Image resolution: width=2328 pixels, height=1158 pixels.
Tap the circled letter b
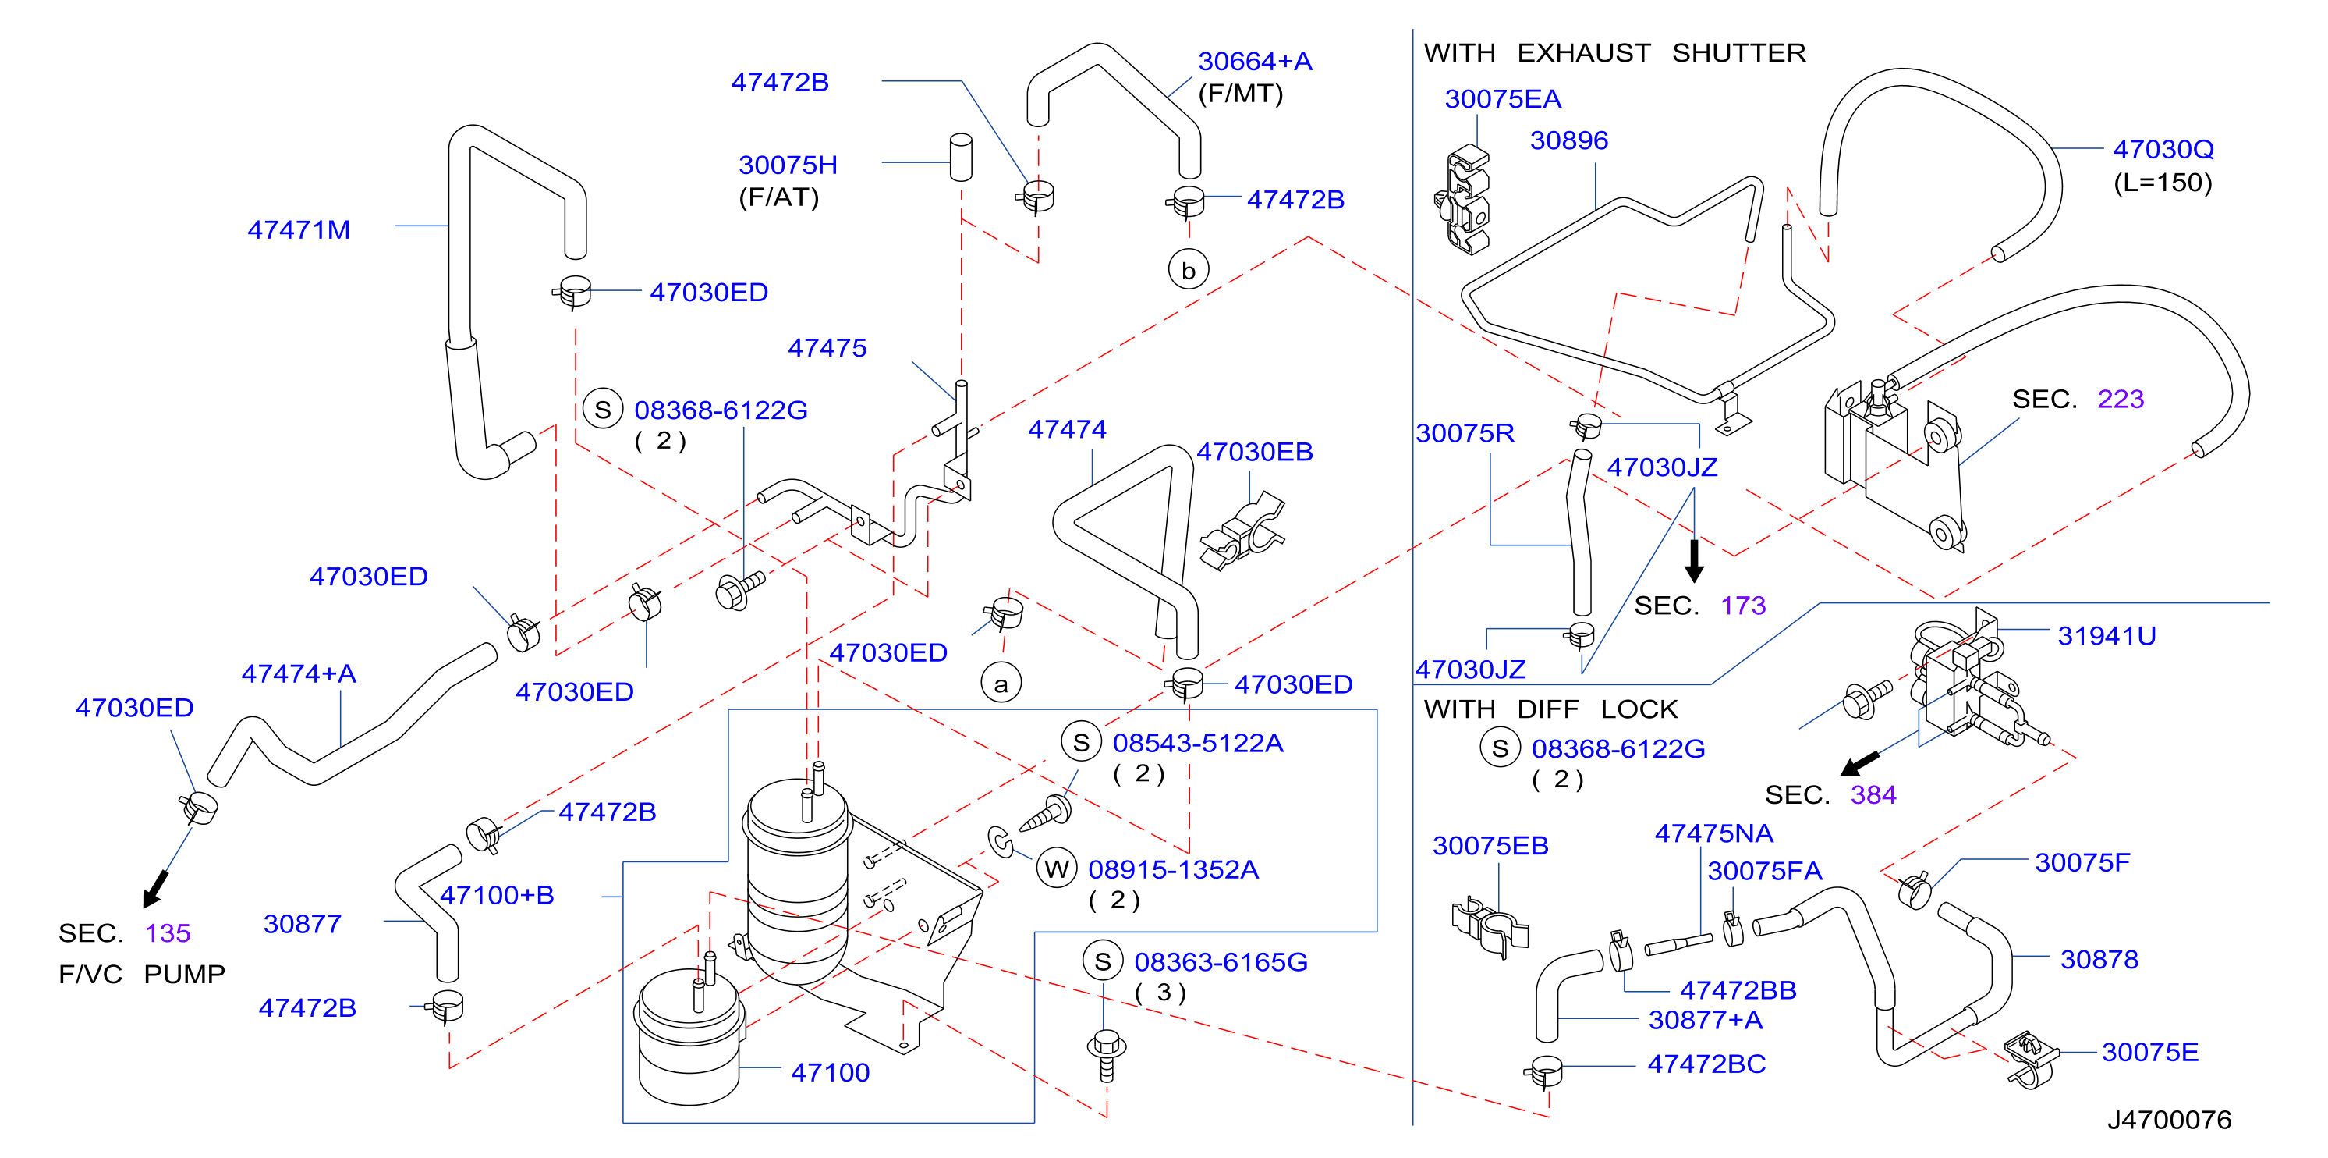[x=1189, y=269]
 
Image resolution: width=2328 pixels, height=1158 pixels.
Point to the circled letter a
[x=1001, y=683]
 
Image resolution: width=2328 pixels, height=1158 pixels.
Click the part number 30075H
[x=788, y=165]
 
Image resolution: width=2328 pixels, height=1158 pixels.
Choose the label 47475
[x=827, y=347]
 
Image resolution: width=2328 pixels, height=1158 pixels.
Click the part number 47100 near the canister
[x=830, y=1072]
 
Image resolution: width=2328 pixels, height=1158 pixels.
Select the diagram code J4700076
[x=2169, y=1119]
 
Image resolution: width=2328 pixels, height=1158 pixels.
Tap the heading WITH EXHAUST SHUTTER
[x=1615, y=52]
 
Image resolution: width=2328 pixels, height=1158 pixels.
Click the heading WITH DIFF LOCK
[x=1550, y=709]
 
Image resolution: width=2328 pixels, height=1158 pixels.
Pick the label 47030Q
[x=2163, y=149]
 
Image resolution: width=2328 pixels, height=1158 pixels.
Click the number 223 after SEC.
[x=2120, y=399]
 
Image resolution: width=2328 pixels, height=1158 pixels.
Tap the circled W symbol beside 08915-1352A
[x=1057, y=868]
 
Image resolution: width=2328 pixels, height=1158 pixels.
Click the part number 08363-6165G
[x=1221, y=962]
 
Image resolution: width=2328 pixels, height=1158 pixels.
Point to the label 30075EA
[x=1503, y=98]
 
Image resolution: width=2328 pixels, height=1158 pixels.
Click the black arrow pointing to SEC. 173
[x=1695, y=560]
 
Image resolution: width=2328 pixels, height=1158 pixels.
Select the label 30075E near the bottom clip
[x=2150, y=1052]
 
